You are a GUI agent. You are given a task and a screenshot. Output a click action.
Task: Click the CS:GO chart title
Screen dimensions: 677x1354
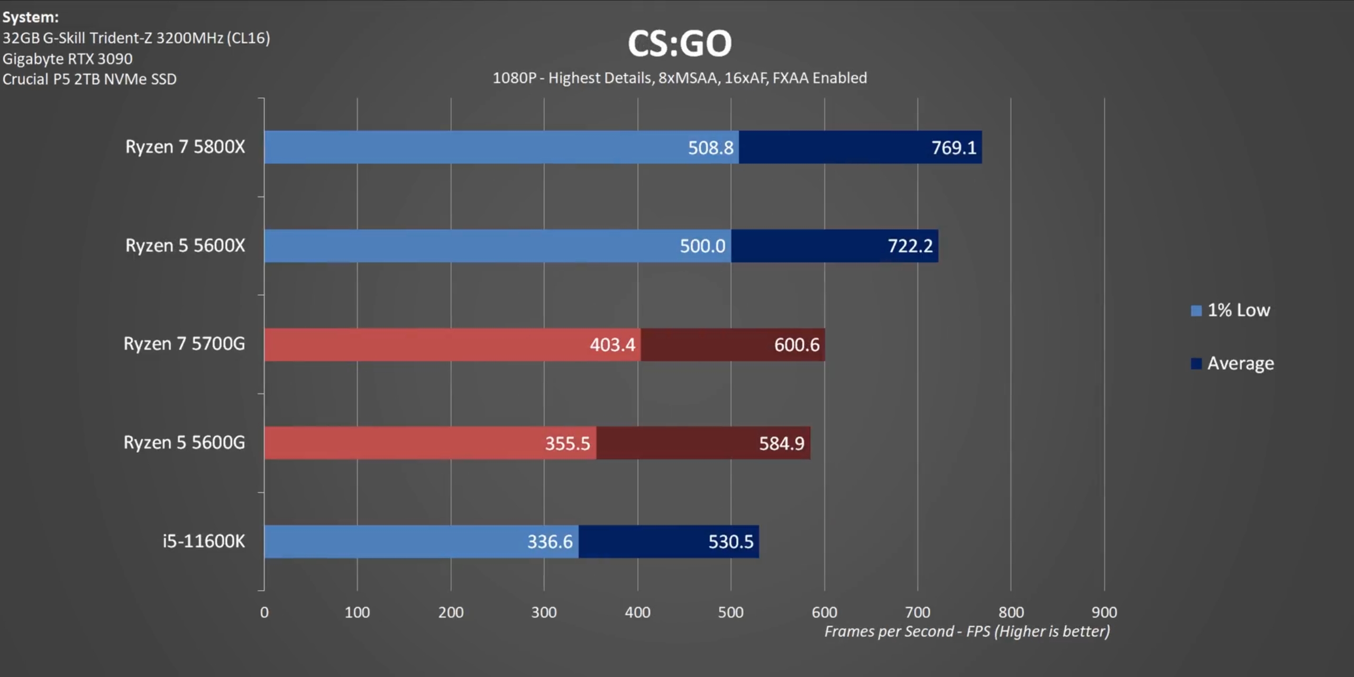tap(680, 43)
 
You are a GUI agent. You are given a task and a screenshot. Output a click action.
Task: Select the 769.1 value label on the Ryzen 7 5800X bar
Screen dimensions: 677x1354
tap(954, 148)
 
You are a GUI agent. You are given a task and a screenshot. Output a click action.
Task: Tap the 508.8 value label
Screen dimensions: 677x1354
tap(710, 148)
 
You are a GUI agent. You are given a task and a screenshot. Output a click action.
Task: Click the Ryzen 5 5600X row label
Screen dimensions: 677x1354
tap(185, 246)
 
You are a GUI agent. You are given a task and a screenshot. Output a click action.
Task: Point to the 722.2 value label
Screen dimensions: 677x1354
tap(910, 246)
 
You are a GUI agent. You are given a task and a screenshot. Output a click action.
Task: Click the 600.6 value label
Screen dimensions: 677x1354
tap(797, 345)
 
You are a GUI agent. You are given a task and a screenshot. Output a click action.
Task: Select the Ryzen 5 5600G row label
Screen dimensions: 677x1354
tap(184, 443)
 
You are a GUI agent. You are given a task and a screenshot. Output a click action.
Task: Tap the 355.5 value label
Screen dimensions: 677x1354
tap(567, 443)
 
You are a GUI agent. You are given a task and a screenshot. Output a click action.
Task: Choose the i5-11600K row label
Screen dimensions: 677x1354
tap(204, 542)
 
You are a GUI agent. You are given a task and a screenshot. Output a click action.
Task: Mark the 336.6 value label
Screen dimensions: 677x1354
tap(550, 542)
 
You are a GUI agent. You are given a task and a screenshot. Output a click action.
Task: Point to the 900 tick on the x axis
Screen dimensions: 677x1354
tap(1104, 612)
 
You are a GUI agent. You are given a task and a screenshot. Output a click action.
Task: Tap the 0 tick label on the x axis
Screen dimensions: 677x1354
tap(264, 612)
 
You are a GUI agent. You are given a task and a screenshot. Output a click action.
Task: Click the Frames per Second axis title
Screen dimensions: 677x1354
tap(967, 632)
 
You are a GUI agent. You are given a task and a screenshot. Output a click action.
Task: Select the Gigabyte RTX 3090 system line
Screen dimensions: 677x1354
tap(68, 59)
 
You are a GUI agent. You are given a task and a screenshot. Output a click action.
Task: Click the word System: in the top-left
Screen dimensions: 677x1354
tap(31, 17)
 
